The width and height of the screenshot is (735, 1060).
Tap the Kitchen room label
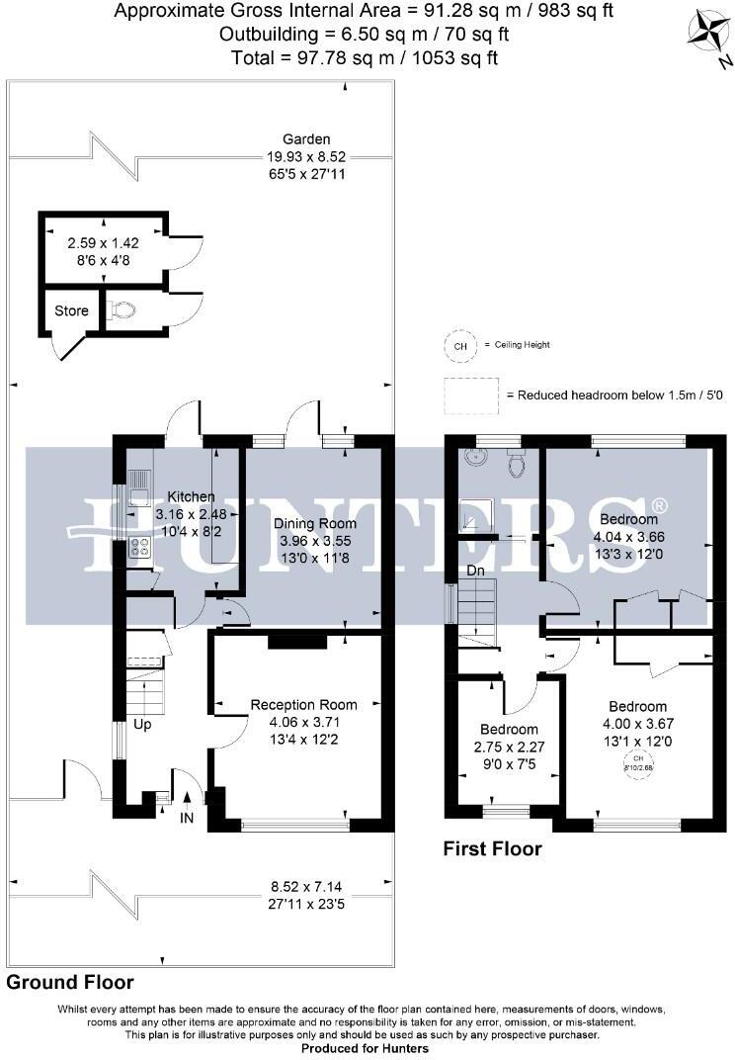[x=191, y=495]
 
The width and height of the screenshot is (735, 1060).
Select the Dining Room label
[x=315, y=523]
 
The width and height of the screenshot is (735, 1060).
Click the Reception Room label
[x=303, y=705]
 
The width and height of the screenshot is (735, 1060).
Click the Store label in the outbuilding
[x=71, y=310]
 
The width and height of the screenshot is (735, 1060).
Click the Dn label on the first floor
[x=474, y=571]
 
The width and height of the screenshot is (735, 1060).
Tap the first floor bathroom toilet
[x=515, y=462]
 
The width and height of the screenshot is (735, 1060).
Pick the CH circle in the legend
[x=458, y=345]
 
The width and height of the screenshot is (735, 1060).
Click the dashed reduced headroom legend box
[x=471, y=396]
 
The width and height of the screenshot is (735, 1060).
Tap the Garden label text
[x=306, y=139]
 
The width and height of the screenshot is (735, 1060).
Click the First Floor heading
[x=491, y=848]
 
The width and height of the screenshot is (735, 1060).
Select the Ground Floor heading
[x=69, y=983]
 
